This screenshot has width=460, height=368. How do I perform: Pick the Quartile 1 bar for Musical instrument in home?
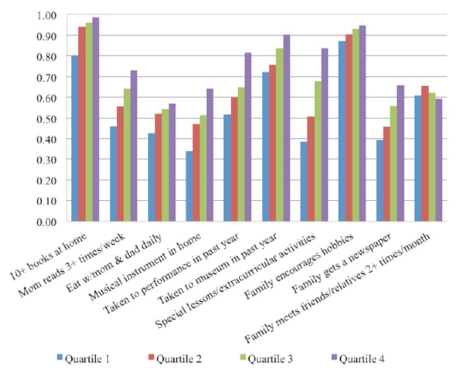pos(189,186)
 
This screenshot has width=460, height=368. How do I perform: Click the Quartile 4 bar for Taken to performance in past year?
pos(248,137)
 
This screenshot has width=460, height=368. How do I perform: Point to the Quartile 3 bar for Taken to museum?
pos(279,135)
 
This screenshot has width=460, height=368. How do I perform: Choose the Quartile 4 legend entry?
pos(357,358)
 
